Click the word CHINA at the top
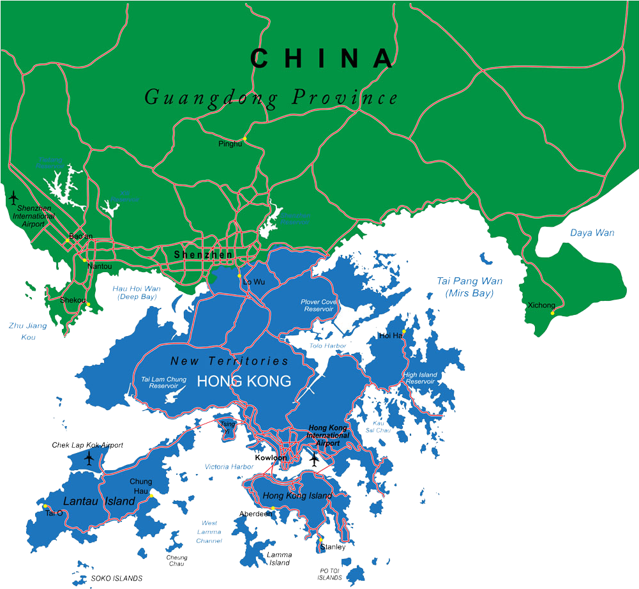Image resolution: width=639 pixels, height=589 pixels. [322, 58]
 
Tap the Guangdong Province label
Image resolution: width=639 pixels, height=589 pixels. [271, 98]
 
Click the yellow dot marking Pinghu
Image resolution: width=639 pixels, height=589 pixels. [244, 139]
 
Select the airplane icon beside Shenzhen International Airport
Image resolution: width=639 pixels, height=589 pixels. [13, 197]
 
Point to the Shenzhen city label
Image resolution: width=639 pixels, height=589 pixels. [204, 255]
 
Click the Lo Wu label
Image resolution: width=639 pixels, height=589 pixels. [254, 282]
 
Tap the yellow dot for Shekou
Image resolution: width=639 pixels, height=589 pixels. [88, 305]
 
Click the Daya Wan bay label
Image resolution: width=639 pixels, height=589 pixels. [592, 233]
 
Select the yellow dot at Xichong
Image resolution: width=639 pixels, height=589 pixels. [552, 313]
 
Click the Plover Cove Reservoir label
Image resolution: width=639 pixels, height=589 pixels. [317, 305]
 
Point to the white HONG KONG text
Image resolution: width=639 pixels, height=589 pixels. [244, 381]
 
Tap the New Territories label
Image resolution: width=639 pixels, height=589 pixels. [229, 361]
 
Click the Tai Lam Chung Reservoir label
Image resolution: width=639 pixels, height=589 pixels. [163, 383]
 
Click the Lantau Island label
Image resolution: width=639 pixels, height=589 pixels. [99, 501]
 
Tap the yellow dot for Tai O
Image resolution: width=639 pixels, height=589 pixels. [45, 507]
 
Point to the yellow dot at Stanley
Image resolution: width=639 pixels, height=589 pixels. [321, 539]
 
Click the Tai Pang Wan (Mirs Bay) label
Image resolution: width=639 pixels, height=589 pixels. [469, 287]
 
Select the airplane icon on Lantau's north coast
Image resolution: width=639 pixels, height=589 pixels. [89, 458]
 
